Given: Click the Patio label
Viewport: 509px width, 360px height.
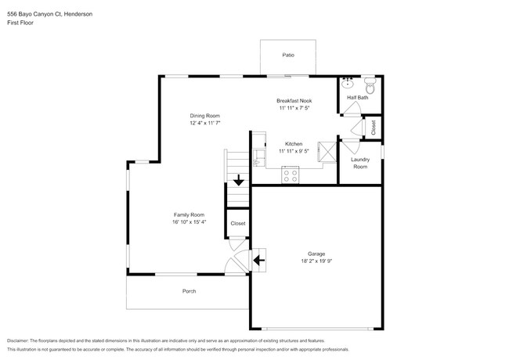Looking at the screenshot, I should click(x=287, y=56).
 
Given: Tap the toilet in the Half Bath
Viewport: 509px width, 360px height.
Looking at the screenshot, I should click(x=370, y=86).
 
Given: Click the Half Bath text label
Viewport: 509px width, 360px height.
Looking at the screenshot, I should click(x=358, y=98).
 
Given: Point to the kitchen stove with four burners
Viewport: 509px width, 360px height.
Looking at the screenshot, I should click(x=289, y=177).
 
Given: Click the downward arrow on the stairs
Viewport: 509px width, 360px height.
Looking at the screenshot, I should click(x=238, y=179).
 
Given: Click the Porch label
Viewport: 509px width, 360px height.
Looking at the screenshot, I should click(x=189, y=291).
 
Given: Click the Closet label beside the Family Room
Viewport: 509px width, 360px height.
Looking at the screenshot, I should click(x=237, y=223).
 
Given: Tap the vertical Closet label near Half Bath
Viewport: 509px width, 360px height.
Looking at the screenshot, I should click(x=374, y=128).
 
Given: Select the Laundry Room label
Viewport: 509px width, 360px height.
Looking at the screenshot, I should click(x=360, y=163).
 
